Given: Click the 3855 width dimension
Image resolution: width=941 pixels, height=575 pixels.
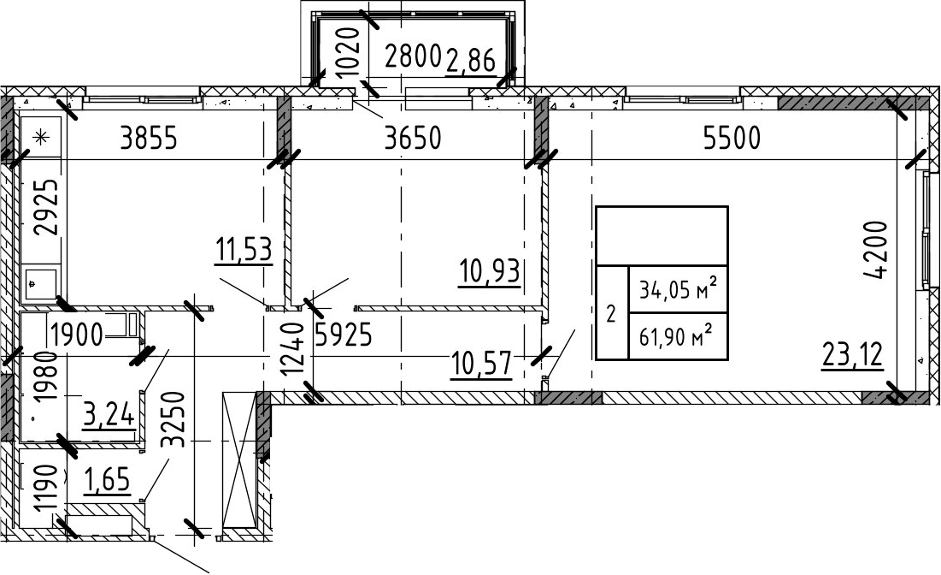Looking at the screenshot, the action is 149,139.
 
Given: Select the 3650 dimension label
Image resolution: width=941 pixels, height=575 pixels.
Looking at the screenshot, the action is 413,139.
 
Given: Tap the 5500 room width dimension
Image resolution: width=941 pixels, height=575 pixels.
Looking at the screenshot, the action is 732,139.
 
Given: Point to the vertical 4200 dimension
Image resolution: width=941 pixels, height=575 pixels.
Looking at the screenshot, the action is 875,250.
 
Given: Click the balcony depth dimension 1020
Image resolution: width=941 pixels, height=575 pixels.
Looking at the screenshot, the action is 348,50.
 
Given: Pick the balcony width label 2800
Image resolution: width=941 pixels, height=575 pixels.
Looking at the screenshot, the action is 414,57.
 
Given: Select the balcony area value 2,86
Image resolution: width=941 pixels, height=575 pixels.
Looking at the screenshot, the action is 471,61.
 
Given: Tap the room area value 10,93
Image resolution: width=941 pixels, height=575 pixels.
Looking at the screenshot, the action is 489,271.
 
